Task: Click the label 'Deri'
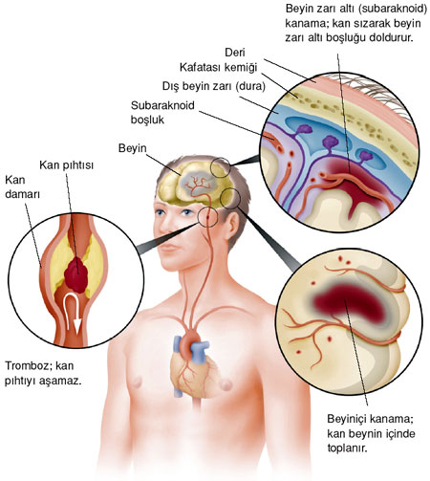click(235, 53)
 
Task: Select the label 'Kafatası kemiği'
click(218, 68)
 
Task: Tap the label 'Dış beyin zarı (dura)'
click(214, 86)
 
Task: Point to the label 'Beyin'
click(133, 148)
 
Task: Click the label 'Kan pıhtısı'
click(67, 165)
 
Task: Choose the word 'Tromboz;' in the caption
click(28, 366)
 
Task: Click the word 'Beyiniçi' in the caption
click(348, 419)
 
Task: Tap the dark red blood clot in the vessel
click(76, 274)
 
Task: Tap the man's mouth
click(169, 248)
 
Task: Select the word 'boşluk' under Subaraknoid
click(147, 120)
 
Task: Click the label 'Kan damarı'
click(22, 187)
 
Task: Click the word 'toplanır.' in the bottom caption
click(348, 448)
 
